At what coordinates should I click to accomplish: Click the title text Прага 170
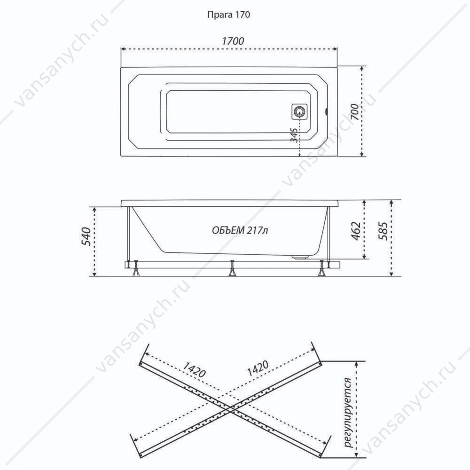pos(228,15)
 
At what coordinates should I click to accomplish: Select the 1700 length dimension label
pos(233,41)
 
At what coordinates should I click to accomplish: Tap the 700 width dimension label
pos(354,111)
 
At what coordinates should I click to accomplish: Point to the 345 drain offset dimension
pos(294,135)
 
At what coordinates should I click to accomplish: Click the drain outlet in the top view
pos(299,112)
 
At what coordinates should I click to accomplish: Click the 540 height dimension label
pos(86,237)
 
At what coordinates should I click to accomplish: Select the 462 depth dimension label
pos(356,231)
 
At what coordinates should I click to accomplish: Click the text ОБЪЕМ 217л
pos(240,230)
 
